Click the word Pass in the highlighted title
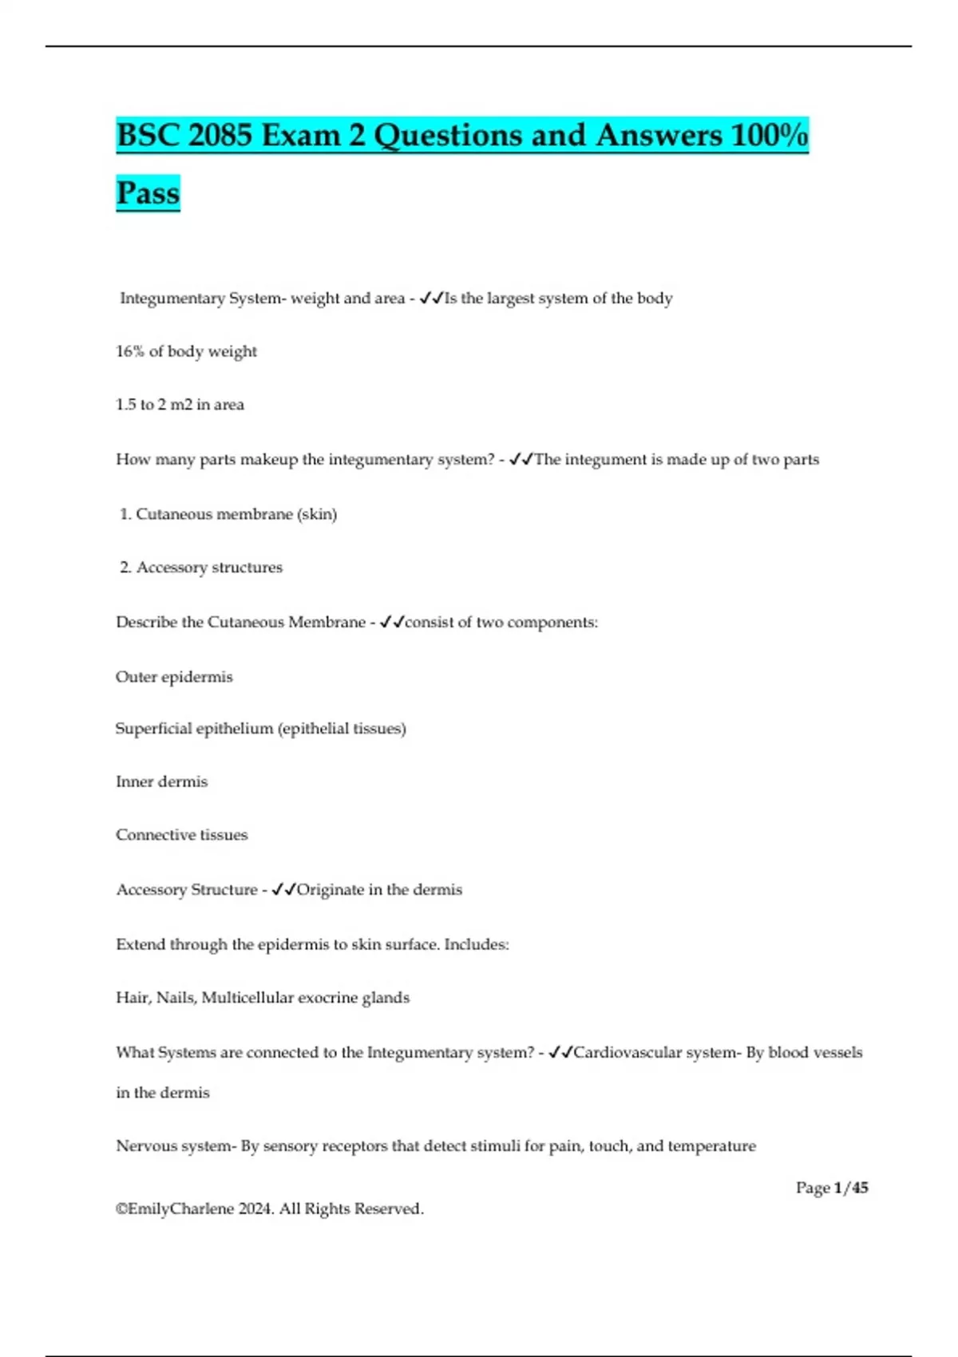click(x=148, y=193)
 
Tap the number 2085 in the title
click(x=220, y=135)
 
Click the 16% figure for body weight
click(x=129, y=351)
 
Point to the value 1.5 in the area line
click(x=126, y=405)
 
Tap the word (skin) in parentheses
click(x=317, y=514)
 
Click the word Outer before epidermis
click(x=136, y=677)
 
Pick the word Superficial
click(x=153, y=729)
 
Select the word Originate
click(x=330, y=889)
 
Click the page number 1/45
click(x=851, y=1188)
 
